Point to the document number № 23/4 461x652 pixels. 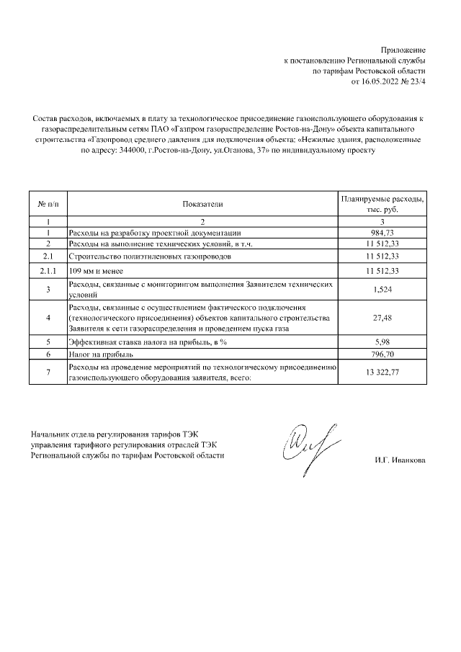414,82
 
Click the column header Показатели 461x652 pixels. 202,204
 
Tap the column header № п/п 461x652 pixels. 48,204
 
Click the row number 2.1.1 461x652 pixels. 48,270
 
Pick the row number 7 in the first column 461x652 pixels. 48,372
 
